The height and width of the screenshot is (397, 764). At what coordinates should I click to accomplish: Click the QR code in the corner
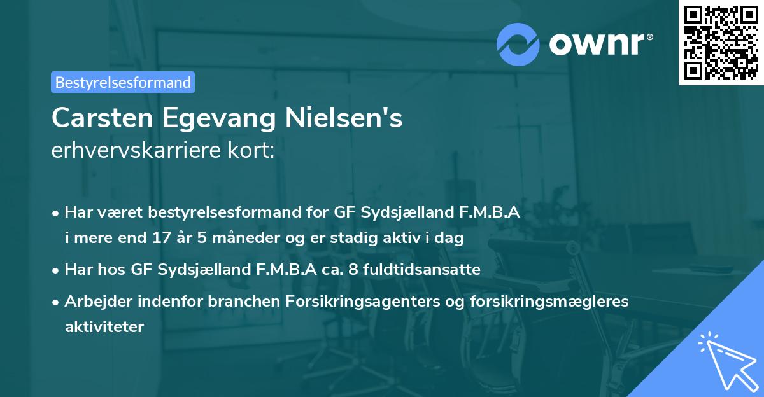(721, 42)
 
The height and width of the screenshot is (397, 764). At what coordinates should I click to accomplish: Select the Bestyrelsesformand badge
(123, 82)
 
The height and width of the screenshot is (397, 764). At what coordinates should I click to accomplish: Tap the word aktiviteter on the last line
(104, 327)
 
